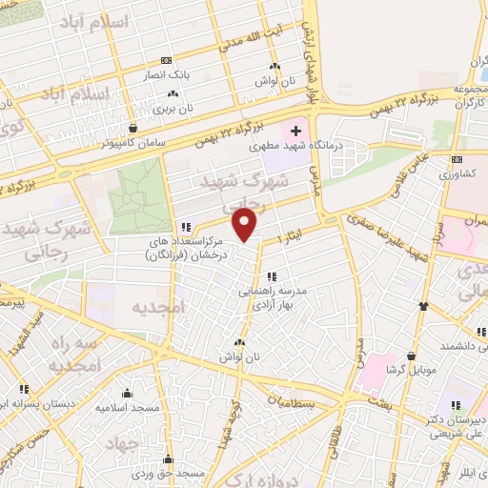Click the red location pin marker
pos(246,225)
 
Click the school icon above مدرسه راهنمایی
pos(272,276)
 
